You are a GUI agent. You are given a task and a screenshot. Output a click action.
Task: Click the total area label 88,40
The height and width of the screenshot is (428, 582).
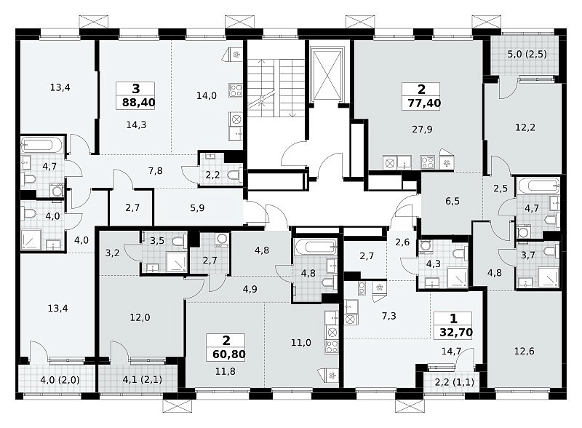138,102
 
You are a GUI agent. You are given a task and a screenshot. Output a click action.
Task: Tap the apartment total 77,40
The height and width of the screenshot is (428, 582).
424,103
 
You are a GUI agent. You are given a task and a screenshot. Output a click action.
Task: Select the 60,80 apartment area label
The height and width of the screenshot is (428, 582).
229,354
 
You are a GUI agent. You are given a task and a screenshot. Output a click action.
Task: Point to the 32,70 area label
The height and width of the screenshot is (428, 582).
456,332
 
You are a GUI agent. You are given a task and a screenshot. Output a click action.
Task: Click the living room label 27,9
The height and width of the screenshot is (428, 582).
422,130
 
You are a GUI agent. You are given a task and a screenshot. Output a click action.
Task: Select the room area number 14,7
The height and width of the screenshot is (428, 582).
451,351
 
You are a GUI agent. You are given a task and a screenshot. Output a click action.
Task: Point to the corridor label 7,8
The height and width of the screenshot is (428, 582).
155,171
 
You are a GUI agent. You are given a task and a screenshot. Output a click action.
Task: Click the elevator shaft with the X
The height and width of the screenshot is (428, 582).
327,75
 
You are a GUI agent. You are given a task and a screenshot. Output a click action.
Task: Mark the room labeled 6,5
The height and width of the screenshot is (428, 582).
453,201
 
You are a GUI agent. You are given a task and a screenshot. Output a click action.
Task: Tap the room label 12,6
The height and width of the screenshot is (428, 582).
525,351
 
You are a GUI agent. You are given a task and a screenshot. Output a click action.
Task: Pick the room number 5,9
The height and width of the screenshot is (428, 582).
197,207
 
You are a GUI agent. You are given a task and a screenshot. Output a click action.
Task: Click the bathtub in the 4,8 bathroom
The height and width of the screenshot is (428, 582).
316,246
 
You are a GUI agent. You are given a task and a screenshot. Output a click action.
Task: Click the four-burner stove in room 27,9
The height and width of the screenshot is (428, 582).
427,162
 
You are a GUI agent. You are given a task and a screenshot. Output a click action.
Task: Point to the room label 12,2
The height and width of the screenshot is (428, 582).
525,127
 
